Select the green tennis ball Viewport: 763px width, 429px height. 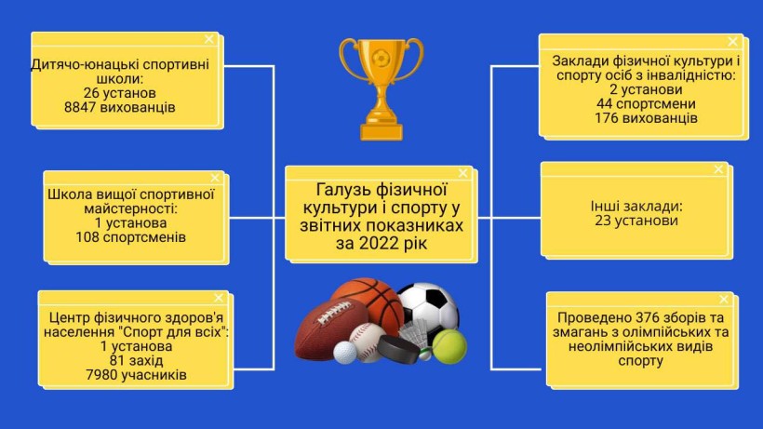click(x=449, y=347)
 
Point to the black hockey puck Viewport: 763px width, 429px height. click(x=398, y=349)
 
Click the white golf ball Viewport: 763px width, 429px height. click(x=344, y=352)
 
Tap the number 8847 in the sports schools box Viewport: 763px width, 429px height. click(x=81, y=107)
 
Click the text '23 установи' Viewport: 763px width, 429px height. click(x=636, y=221)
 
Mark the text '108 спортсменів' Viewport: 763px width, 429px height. click(x=130, y=237)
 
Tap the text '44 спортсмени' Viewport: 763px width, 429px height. click(x=646, y=104)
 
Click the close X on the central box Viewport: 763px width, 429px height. click(x=462, y=173)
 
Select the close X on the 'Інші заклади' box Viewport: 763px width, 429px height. click(x=718, y=169)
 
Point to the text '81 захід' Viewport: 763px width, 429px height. click(x=136, y=361)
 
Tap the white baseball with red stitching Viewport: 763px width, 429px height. click(x=367, y=342)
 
